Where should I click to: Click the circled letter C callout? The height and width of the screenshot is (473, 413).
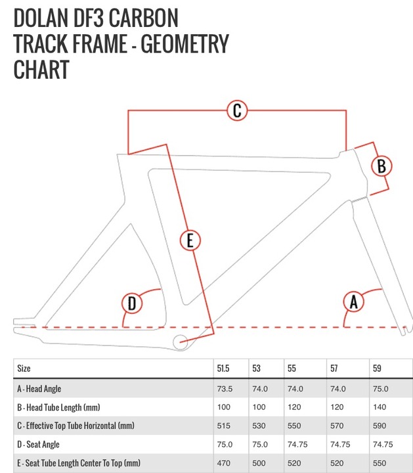(x=237, y=110)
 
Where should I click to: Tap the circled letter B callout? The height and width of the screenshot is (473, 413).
(x=381, y=166)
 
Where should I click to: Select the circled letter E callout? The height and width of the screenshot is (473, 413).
(x=190, y=240)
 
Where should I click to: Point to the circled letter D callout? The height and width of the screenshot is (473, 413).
(x=132, y=303)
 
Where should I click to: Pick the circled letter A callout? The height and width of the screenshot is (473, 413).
(x=354, y=302)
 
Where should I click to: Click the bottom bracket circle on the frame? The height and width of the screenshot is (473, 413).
(x=181, y=342)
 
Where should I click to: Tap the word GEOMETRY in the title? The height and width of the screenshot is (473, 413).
(x=185, y=44)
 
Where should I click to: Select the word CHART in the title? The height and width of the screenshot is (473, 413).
(x=41, y=70)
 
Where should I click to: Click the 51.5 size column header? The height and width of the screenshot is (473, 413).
(x=223, y=369)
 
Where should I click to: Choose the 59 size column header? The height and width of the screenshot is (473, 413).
(x=377, y=369)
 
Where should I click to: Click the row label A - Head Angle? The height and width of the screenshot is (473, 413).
(x=39, y=389)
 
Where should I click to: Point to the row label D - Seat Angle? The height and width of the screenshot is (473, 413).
(x=38, y=444)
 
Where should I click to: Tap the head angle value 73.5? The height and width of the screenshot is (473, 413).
(x=225, y=389)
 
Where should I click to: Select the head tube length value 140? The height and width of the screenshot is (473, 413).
(x=380, y=407)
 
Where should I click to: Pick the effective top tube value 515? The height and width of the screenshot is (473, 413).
(x=224, y=426)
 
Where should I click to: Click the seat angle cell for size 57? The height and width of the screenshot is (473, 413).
(x=340, y=444)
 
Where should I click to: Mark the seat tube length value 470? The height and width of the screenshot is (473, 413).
(x=224, y=463)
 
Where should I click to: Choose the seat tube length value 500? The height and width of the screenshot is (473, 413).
(x=259, y=463)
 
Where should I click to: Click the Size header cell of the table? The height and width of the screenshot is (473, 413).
(x=24, y=369)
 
